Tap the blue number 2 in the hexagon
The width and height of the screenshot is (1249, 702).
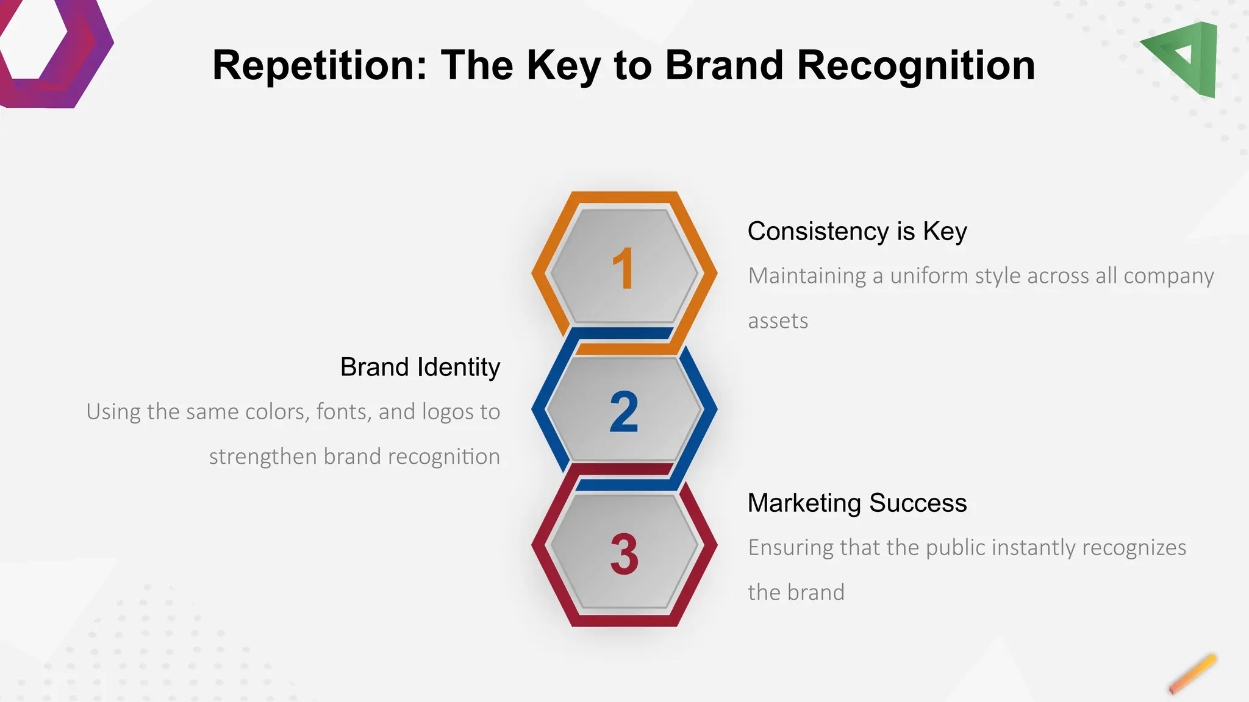[x=624, y=413]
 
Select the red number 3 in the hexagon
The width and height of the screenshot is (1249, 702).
[x=624, y=555]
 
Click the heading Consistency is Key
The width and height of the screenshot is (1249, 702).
[x=857, y=232]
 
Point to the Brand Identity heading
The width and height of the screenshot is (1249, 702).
[x=420, y=367]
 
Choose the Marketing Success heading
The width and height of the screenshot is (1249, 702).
[x=857, y=503]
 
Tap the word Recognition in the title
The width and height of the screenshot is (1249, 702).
[x=916, y=65]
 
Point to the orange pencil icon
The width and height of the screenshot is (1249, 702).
[x=1193, y=674]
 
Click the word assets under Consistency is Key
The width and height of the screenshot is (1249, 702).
[x=778, y=321]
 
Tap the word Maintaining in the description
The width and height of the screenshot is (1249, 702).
[x=807, y=276]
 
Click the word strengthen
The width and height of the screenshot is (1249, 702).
[x=263, y=457]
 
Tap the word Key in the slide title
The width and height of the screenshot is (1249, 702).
[x=564, y=65]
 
